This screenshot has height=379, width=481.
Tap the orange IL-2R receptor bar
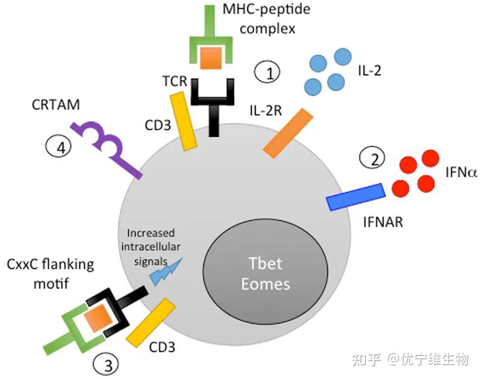click(x=288, y=133)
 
